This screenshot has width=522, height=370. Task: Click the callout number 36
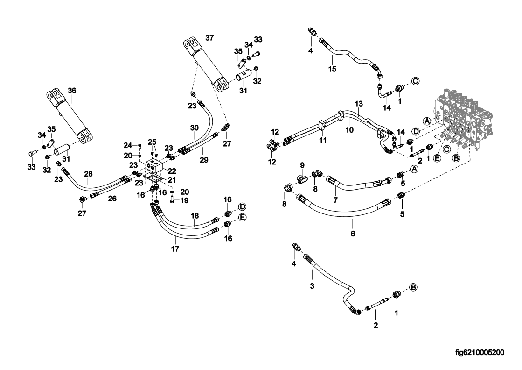point(71,90)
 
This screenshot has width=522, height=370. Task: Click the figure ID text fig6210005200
point(480,353)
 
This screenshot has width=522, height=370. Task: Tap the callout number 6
point(353,233)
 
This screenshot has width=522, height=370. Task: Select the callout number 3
point(313,285)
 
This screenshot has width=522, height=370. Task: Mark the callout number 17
point(175,249)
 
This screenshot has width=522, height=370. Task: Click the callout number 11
point(322,140)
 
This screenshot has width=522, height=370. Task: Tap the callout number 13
point(358,103)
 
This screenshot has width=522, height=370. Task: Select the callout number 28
point(88,174)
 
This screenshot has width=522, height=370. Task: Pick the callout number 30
point(194,128)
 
